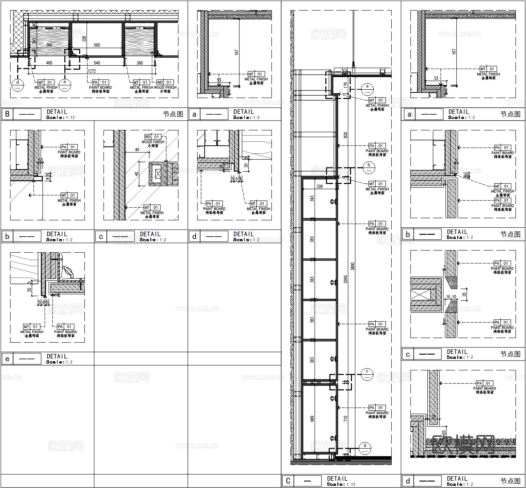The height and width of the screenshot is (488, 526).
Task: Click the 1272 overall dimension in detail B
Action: (92, 71)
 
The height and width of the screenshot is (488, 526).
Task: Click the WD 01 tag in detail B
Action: (165, 83)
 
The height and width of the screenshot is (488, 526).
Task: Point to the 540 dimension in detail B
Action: (97, 63)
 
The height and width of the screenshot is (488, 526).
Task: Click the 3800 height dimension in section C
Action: (353, 266)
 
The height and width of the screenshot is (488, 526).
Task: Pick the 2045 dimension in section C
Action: (346, 279)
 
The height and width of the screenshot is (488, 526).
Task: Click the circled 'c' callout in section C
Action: (367, 374)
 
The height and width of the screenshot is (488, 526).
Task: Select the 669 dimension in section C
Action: (312, 419)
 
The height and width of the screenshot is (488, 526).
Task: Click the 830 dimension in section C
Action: (346, 135)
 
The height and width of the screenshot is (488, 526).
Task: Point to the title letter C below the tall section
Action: (288, 481)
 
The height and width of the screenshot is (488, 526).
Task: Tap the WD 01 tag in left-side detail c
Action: (153, 137)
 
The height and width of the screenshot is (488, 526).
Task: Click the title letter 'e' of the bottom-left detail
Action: (7, 359)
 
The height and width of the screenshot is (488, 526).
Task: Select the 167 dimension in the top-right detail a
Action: (454, 52)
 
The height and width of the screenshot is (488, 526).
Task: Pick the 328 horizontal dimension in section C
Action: (320, 186)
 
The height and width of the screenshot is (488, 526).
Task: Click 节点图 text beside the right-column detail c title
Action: (510, 354)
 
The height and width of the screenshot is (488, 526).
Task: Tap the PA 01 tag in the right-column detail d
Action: (484, 383)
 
